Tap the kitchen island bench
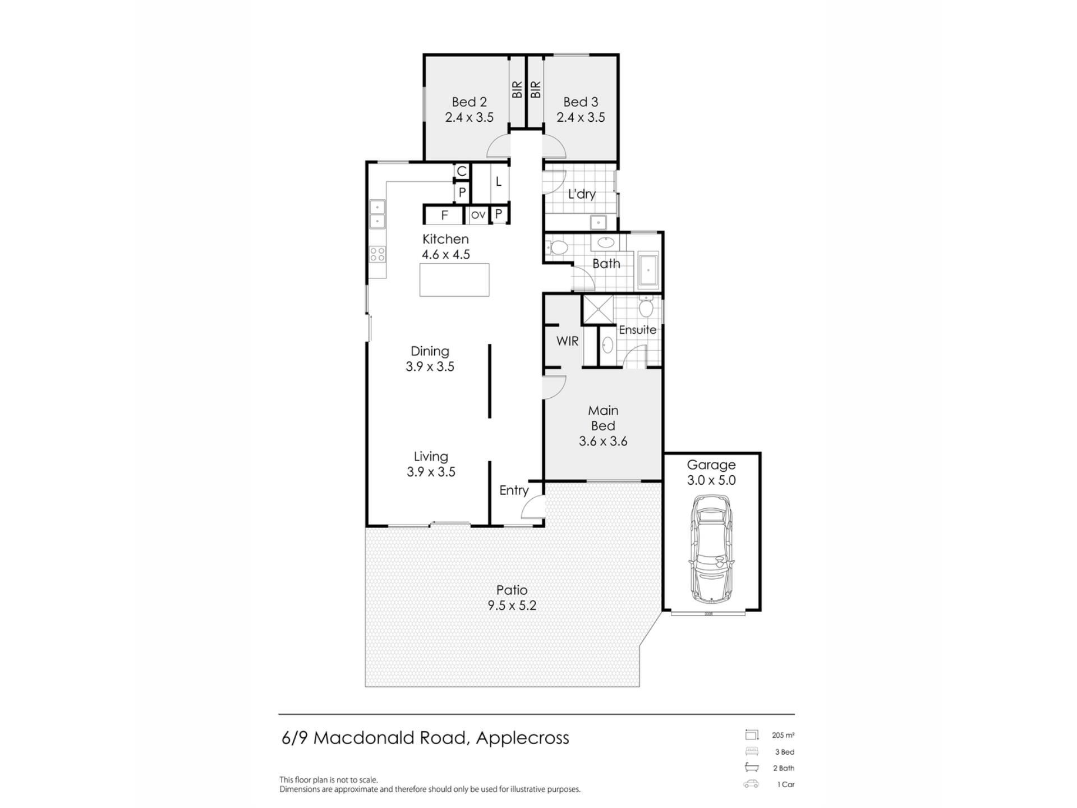click(x=454, y=279)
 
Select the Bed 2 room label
click(x=469, y=102)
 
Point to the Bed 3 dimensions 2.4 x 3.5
click(x=581, y=117)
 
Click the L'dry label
click(x=582, y=194)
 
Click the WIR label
click(x=567, y=341)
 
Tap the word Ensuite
click(x=637, y=329)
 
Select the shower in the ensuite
click(x=598, y=309)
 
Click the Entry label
click(x=514, y=490)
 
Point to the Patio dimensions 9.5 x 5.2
click(x=512, y=605)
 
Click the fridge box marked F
click(x=444, y=215)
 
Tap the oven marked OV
click(x=478, y=215)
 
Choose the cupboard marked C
click(x=462, y=171)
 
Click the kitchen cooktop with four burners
click(x=378, y=254)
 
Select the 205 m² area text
click(x=783, y=735)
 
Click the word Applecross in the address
click(x=522, y=738)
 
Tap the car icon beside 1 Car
click(x=751, y=784)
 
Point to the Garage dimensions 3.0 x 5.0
click(x=711, y=480)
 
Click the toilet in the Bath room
click(x=557, y=247)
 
